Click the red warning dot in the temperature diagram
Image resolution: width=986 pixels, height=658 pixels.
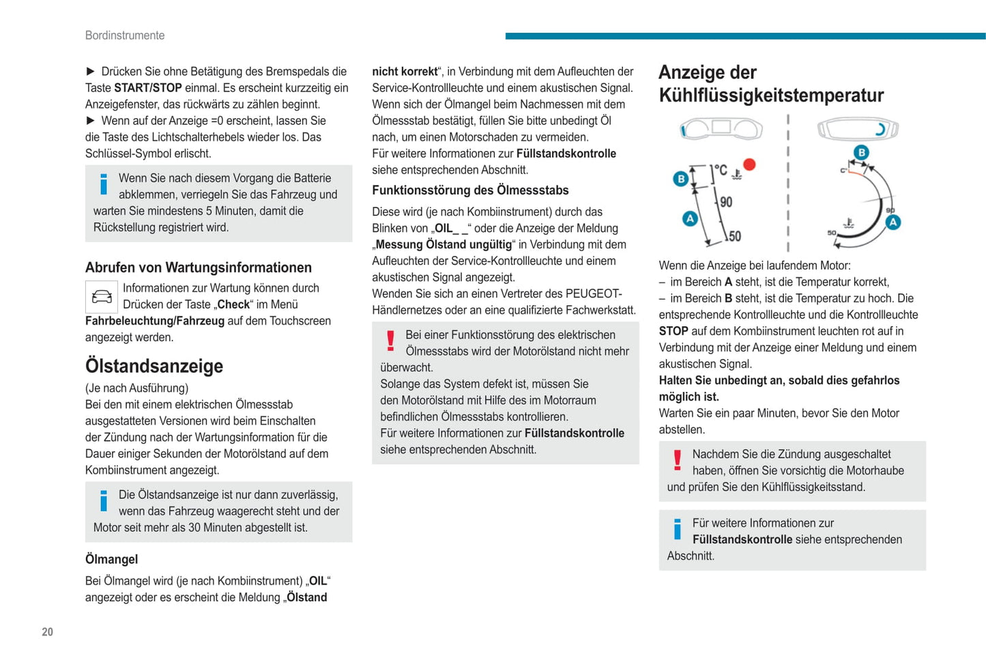point(749,164)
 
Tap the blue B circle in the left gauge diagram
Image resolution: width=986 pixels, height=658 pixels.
point(680,179)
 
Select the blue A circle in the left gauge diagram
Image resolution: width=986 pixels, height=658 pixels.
point(690,218)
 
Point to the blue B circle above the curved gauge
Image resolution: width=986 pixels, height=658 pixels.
point(861,153)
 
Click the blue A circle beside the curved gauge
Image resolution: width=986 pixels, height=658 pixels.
point(893,222)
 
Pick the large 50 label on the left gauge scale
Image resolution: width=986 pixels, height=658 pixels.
point(734,236)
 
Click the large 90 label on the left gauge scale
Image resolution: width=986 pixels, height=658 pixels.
point(726,202)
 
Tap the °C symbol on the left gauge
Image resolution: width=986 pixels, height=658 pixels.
point(720,170)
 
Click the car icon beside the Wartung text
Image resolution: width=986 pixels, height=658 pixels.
point(102,297)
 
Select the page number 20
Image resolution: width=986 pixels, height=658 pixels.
point(47,632)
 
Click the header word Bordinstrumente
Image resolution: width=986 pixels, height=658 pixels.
point(125,35)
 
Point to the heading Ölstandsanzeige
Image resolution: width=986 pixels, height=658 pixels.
point(154,366)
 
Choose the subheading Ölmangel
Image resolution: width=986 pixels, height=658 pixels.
point(112,559)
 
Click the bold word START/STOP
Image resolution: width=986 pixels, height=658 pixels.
point(148,88)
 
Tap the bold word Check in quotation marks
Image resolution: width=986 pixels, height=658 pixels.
point(233,304)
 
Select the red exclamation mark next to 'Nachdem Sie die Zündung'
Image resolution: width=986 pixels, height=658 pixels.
point(677,461)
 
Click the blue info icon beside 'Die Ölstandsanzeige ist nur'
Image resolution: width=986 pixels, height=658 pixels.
point(104,501)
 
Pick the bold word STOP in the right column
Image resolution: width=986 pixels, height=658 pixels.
point(673,331)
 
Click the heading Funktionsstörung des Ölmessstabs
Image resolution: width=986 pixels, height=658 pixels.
point(470,190)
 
